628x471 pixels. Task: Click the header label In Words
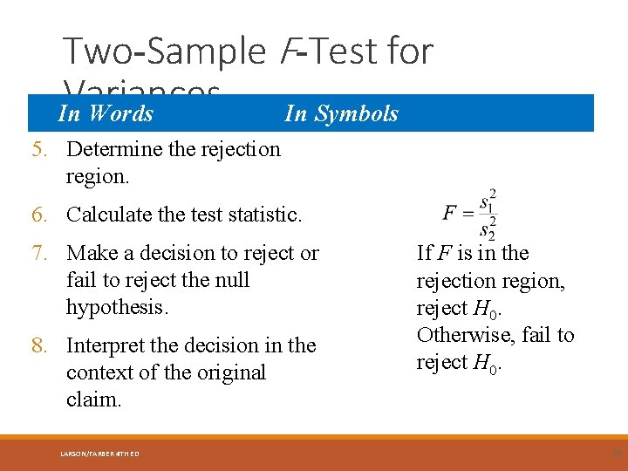[x=105, y=113]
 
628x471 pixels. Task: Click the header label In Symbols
[x=341, y=113]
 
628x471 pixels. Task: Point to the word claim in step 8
[x=92, y=400]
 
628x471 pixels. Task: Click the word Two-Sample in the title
[x=162, y=51]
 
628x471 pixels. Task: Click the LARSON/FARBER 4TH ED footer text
[x=99, y=453]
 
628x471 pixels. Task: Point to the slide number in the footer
[x=617, y=453]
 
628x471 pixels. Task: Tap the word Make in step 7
[x=91, y=254]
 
